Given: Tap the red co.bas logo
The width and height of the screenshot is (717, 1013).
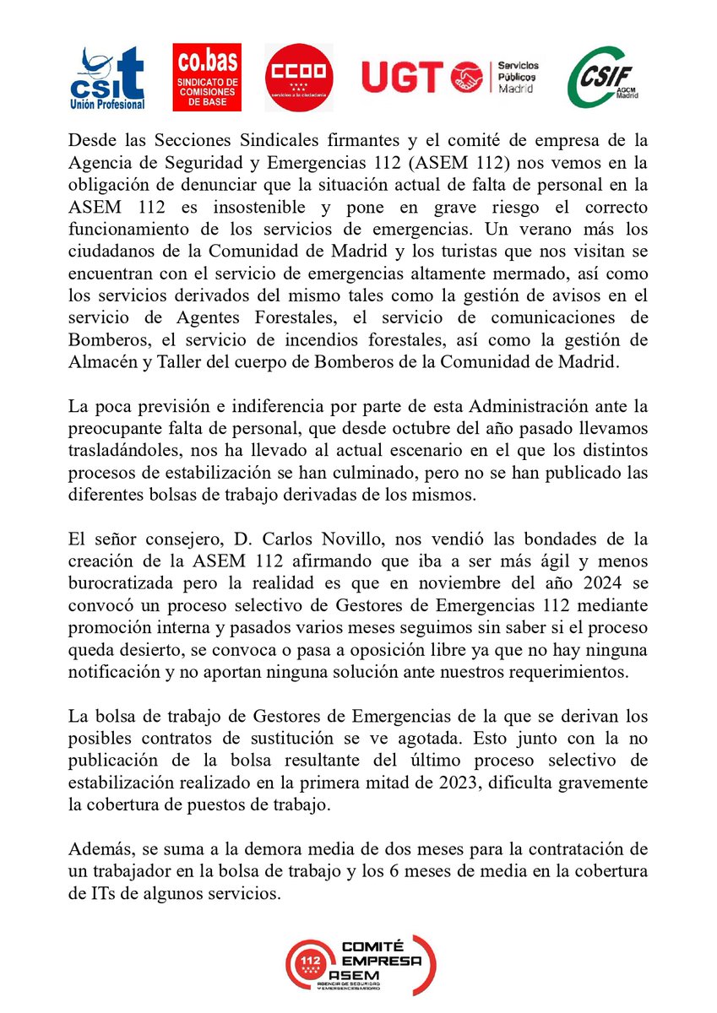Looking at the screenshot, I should [207, 78].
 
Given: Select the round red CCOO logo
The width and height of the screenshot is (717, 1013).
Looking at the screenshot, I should [299, 78].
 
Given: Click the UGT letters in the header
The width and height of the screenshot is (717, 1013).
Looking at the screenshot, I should [403, 78].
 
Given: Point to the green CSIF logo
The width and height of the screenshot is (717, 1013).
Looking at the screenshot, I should [603, 78].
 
